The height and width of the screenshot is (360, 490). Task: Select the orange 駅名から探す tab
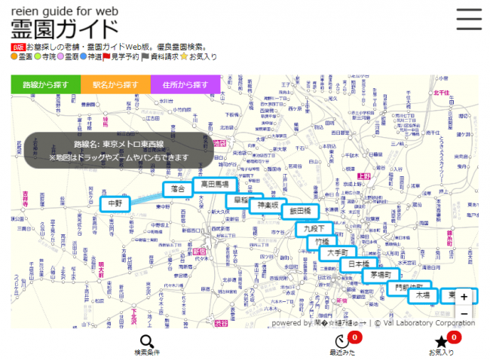[x=116, y=84]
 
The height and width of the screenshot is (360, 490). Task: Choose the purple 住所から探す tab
[x=185, y=84]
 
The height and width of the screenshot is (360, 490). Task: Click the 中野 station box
[x=115, y=203]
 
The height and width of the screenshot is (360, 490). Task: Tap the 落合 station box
[x=178, y=189]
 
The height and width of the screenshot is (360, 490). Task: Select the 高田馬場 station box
[x=216, y=185]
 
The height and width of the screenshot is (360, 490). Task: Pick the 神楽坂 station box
[x=268, y=205]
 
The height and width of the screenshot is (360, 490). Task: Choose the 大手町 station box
[x=338, y=253]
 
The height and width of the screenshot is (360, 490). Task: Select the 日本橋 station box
[x=359, y=265]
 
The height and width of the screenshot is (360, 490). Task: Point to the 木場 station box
[x=421, y=296]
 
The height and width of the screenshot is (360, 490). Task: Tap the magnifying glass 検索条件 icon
[x=147, y=343]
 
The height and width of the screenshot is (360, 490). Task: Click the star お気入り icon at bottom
[x=442, y=343]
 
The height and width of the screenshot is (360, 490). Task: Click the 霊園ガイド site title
[x=65, y=29]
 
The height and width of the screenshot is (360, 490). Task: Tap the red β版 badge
[x=17, y=47]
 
